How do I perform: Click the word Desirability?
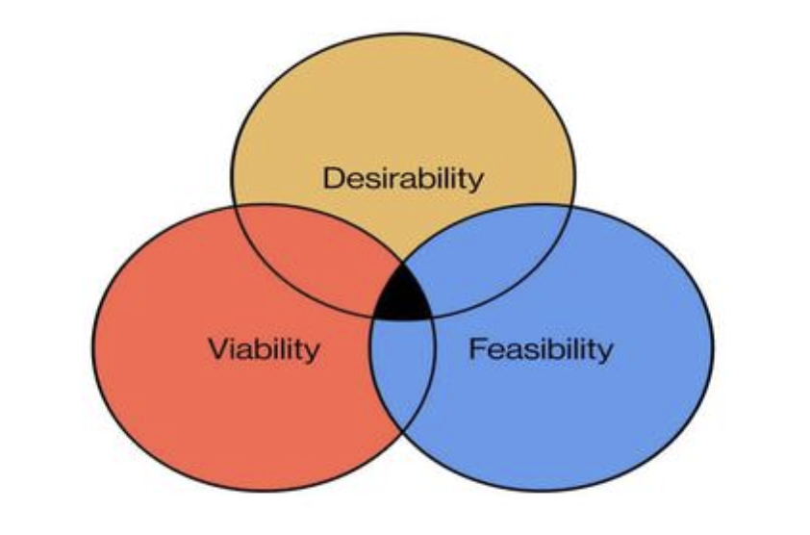point(403,178)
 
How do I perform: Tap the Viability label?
point(264,348)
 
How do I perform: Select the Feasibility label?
point(540,348)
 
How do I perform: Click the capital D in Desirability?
point(332,178)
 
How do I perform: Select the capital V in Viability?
point(216,347)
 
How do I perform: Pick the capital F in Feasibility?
point(475,347)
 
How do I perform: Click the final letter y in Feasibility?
point(605,351)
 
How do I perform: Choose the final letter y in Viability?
point(313,351)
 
